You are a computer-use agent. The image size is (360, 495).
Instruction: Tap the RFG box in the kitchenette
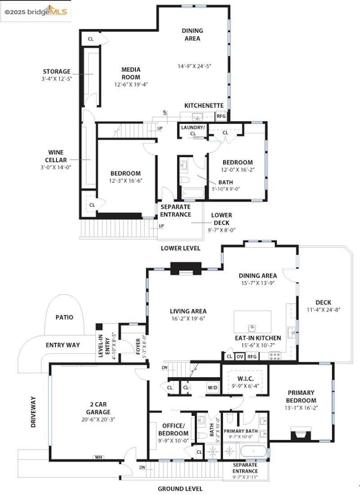(x=221, y=116)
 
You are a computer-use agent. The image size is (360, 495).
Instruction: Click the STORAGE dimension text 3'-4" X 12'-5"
(x=57, y=78)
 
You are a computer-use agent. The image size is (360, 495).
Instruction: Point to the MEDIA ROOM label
(x=131, y=73)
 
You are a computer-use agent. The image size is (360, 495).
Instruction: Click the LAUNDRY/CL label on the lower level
(x=193, y=130)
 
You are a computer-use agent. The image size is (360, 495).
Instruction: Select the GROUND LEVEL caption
(x=180, y=489)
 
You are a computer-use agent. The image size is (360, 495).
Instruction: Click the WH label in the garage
(x=98, y=457)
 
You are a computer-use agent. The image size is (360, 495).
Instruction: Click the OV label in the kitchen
(x=240, y=356)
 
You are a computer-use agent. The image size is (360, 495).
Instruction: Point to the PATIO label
(x=64, y=317)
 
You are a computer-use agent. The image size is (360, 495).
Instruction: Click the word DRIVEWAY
(x=33, y=411)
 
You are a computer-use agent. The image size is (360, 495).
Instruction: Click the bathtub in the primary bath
(x=252, y=451)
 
